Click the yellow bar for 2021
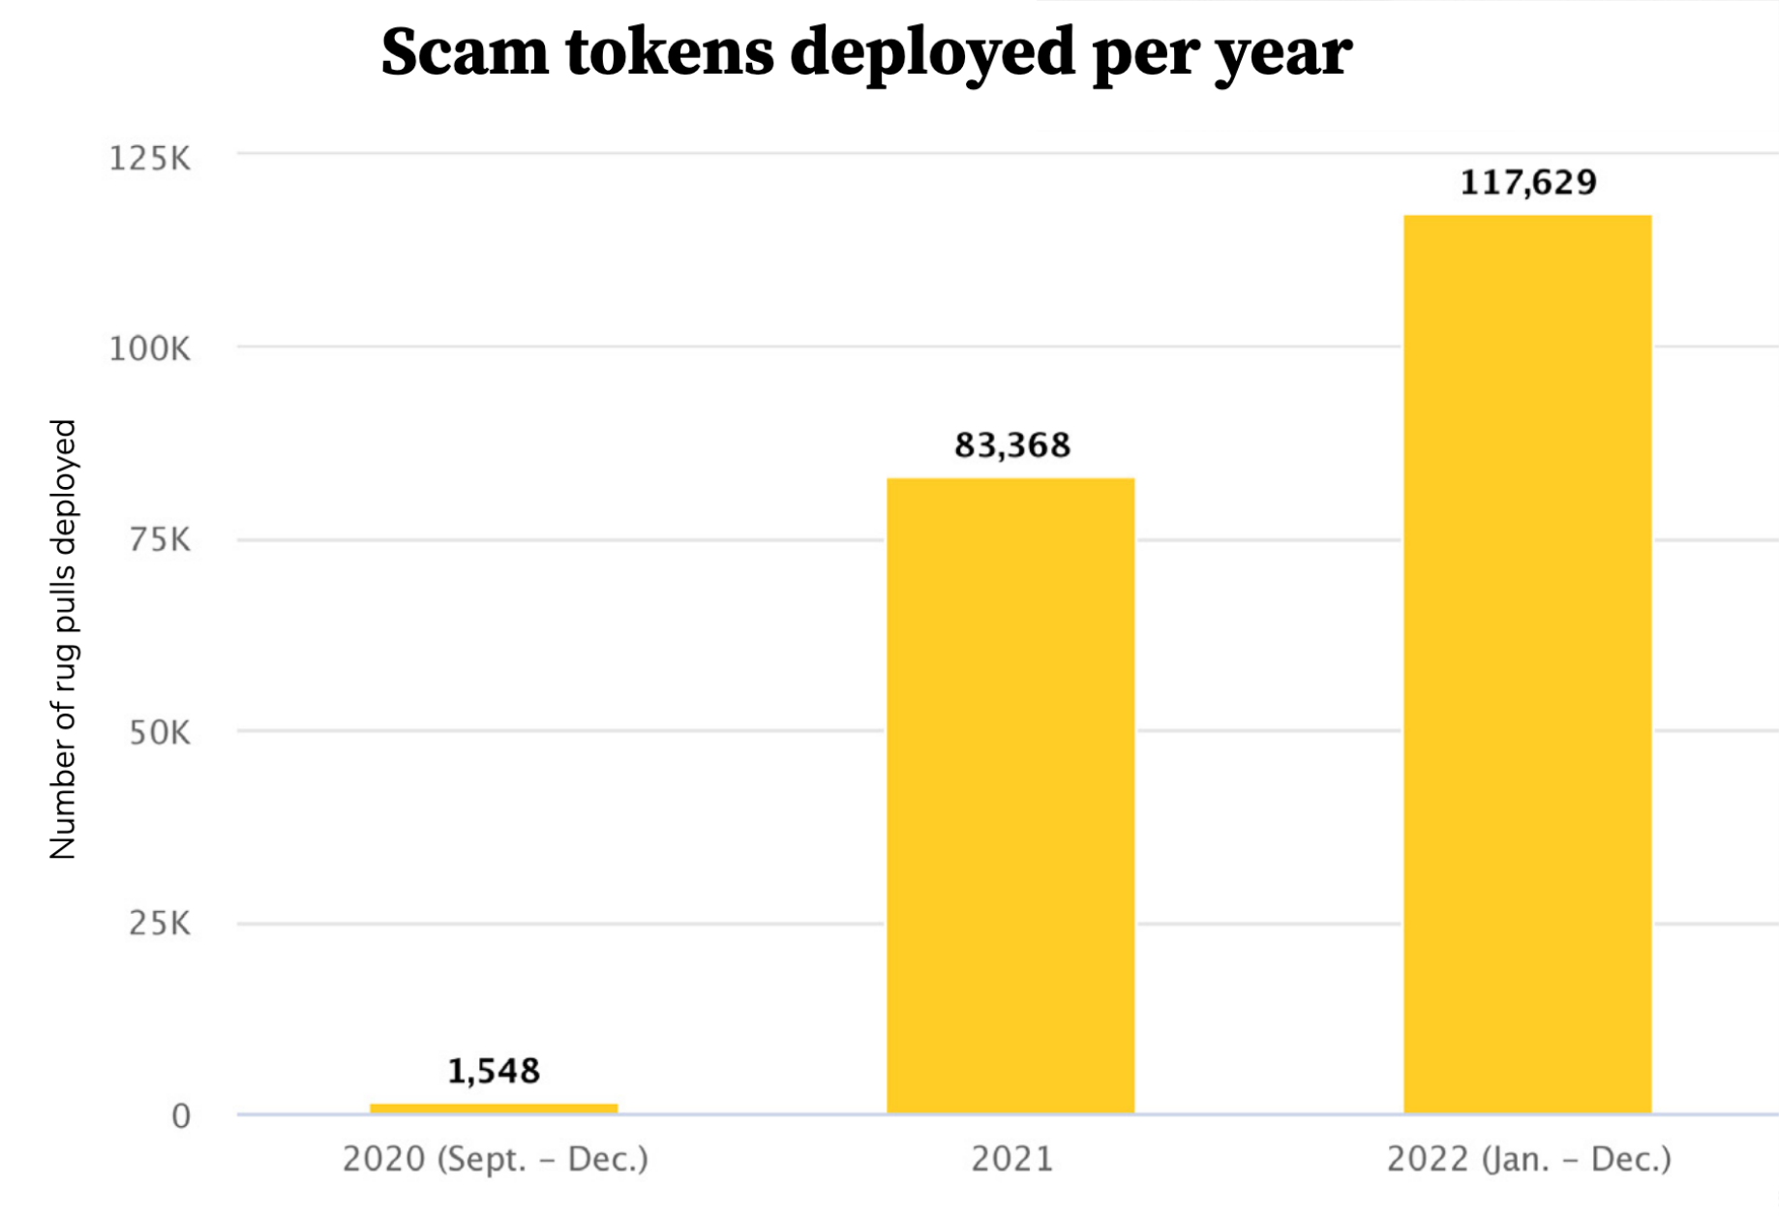(x=1010, y=795)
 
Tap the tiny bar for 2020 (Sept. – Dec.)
(x=494, y=1109)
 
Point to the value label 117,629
(x=1527, y=182)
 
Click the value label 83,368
(x=1012, y=445)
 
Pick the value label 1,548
(x=494, y=1071)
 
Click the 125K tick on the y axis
(x=150, y=158)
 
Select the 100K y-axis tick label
(x=150, y=349)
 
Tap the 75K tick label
(x=160, y=539)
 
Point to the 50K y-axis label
(x=160, y=732)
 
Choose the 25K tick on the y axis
(x=160, y=924)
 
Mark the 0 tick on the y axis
(x=181, y=1116)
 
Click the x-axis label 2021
(x=1012, y=1159)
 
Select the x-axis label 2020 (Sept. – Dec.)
(x=496, y=1159)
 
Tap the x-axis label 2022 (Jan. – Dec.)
(x=1529, y=1159)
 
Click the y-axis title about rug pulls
(x=63, y=639)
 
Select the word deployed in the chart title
(x=932, y=53)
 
